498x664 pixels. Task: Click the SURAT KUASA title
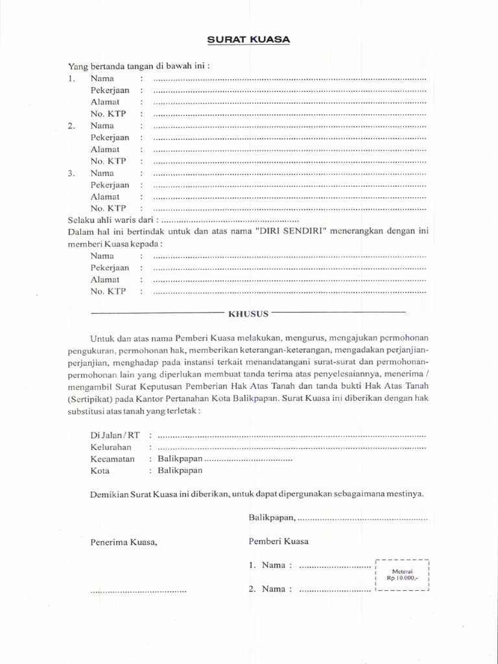pyautogui.click(x=248, y=40)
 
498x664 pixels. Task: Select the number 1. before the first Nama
pyautogui.click(x=73, y=78)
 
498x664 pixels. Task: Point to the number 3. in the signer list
pyautogui.click(x=73, y=173)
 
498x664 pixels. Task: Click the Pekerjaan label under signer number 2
pyautogui.click(x=110, y=137)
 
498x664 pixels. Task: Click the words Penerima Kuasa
pyautogui.click(x=124, y=542)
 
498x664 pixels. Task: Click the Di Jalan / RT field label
pyautogui.click(x=115, y=435)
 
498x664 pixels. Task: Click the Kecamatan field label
pyautogui.click(x=112, y=458)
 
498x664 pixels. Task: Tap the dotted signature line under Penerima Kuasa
pyautogui.click(x=138, y=591)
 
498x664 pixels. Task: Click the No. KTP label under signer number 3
pyautogui.click(x=108, y=208)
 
